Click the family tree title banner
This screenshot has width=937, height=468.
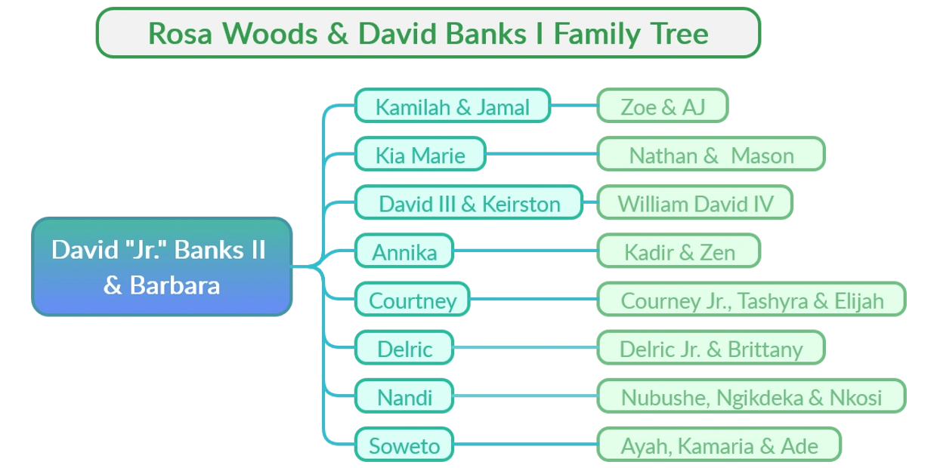click(x=428, y=33)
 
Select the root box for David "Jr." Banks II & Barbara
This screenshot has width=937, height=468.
click(x=162, y=266)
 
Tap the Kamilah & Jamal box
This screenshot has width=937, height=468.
click(x=452, y=106)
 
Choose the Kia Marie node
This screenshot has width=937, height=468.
click(x=420, y=155)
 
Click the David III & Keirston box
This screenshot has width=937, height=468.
click(x=468, y=203)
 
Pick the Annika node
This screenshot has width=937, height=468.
click(x=404, y=251)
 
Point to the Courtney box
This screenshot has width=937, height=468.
click(x=413, y=300)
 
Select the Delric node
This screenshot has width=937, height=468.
click(x=405, y=348)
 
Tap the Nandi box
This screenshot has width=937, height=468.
click(x=405, y=396)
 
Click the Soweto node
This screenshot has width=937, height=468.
click(x=404, y=445)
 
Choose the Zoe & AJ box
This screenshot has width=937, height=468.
click(x=662, y=106)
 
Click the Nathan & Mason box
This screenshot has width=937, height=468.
click(x=710, y=155)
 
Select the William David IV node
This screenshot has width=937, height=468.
click(x=694, y=203)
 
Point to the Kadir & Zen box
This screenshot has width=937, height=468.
click(x=679, y=251)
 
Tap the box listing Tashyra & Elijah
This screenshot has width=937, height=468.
click(x=751, y=300)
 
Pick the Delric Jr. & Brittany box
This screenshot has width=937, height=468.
click(x=710, y=348)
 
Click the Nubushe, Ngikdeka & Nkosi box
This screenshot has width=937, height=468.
click(x=751, y=396)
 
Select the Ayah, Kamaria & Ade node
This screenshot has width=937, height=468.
click(x=719, y=445)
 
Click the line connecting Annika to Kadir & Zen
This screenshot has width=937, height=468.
click(x=525, y=251)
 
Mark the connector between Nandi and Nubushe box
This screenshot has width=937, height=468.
click(x=525, y=396)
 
